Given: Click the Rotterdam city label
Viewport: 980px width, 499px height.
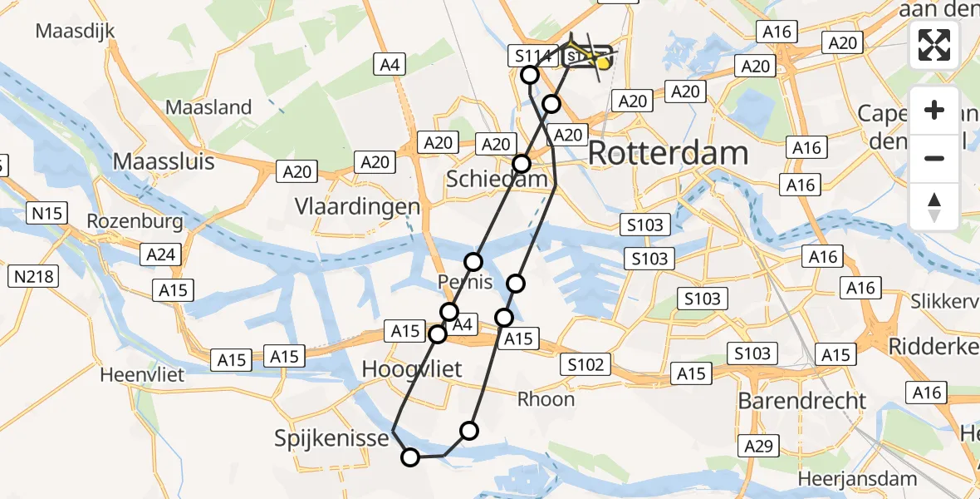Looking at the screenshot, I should point(669,154).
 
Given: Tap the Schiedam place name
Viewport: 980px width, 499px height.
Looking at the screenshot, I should point(497,179).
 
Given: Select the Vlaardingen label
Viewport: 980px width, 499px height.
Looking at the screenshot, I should point(358,206).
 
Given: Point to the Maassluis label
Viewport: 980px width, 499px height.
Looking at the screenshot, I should point(164,161).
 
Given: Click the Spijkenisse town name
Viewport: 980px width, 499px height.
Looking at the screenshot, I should point(332,438).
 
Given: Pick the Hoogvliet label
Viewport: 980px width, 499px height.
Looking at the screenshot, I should point(412,368).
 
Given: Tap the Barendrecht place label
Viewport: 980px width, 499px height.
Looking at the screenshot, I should point(802,401).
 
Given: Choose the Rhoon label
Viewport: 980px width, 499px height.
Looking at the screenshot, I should point(546,399).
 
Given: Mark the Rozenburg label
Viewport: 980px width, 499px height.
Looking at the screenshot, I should point(134,223).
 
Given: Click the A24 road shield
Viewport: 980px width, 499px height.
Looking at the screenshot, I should point(161,254).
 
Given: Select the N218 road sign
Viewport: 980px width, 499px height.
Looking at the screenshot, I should point(33,276).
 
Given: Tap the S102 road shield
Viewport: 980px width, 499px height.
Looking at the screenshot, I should point(586,363).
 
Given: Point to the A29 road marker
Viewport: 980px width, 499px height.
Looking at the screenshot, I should point(760,447).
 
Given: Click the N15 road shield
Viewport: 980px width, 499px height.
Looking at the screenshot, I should point(47,214).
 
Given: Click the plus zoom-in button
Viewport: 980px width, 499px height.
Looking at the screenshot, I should point(934,110).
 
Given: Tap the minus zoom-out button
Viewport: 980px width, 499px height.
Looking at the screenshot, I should point(934,158).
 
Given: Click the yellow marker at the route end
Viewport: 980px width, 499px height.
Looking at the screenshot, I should point(603,62).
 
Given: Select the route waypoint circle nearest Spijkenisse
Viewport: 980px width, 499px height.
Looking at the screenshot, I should point(410,457).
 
